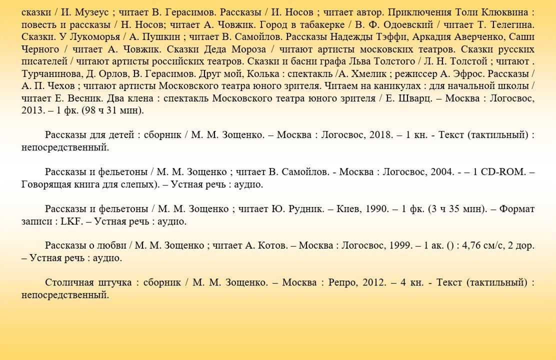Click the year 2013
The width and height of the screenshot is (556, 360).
(x=32, y=110)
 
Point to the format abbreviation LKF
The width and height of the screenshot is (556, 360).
(x=71, y=221)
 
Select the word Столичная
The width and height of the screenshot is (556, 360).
(x=67, y=282)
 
